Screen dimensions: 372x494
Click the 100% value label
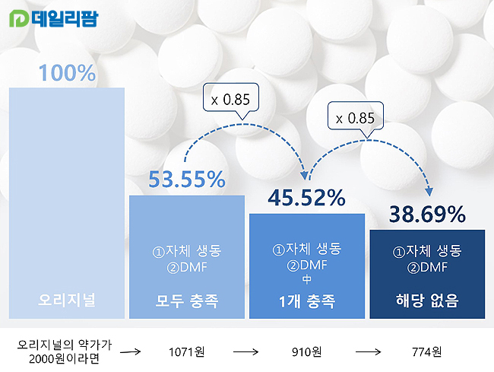pyautogui.click(x=67, y=73)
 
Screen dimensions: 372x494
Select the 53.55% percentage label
pyautogui.click(x=187, y=180)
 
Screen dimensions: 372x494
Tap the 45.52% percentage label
pyautogui.click(x=306, y=198)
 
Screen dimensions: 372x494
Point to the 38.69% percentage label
pyautogui.click(x=427, y=215)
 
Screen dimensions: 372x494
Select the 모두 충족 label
pyautogui.click(x=187, y=300)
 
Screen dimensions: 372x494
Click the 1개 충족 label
pyautogui.click(x=306, y=300)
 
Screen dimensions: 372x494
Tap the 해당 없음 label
pyautogui.click(x=427, y=300)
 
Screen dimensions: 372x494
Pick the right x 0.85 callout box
pyautogui.click(x=356, y=118)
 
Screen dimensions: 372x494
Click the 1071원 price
pyautogui.click(x=187, y=351)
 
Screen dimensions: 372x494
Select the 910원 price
pyautogui.click(x=306, y=351)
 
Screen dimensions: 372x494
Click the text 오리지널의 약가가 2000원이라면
pyautogui.click(x=65, y=351)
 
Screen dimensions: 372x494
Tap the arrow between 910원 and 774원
pyautogui.click(x=368, y=351)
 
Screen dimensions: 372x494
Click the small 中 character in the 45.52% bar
pyautogui.click(x=306, y=278)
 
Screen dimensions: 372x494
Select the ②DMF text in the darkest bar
pyautogui.click(x=427, y=266)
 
